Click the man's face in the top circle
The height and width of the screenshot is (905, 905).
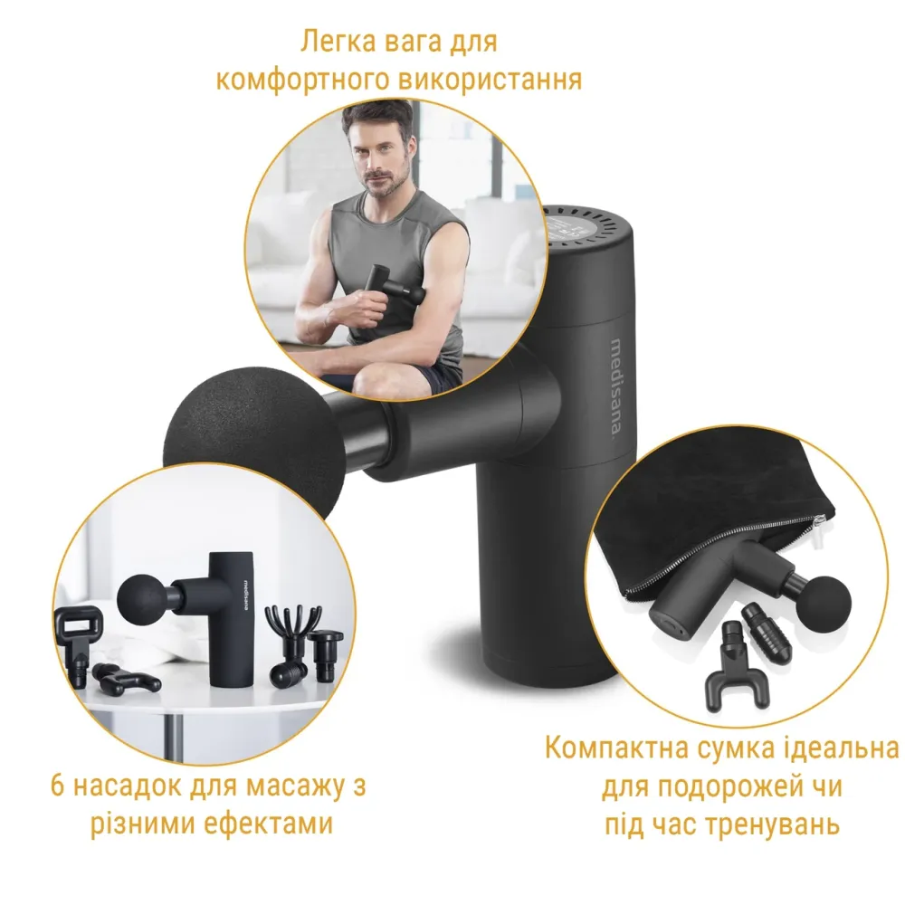tap(380, 152)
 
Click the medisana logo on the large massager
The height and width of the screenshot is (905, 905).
tap(616, 385)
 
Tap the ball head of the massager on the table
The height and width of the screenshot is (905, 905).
tap(140, 597)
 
